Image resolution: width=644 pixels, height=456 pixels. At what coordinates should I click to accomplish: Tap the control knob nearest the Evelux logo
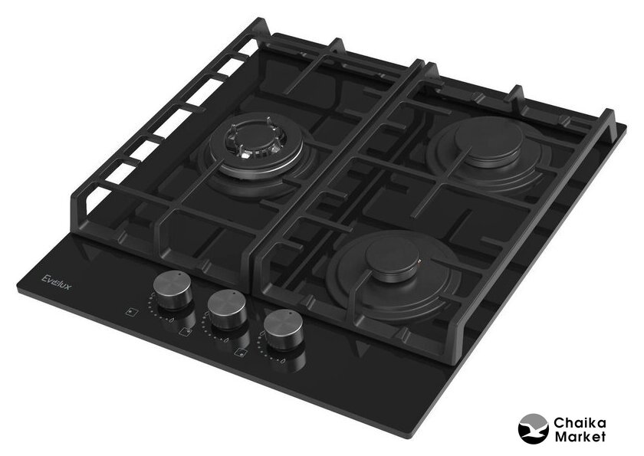[173, 290]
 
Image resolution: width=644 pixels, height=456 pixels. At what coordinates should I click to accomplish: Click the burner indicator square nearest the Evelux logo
[131, 313]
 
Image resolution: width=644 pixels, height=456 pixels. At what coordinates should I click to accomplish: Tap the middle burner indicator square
[186, 331]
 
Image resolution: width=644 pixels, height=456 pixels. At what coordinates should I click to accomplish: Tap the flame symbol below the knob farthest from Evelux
[283, 360]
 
